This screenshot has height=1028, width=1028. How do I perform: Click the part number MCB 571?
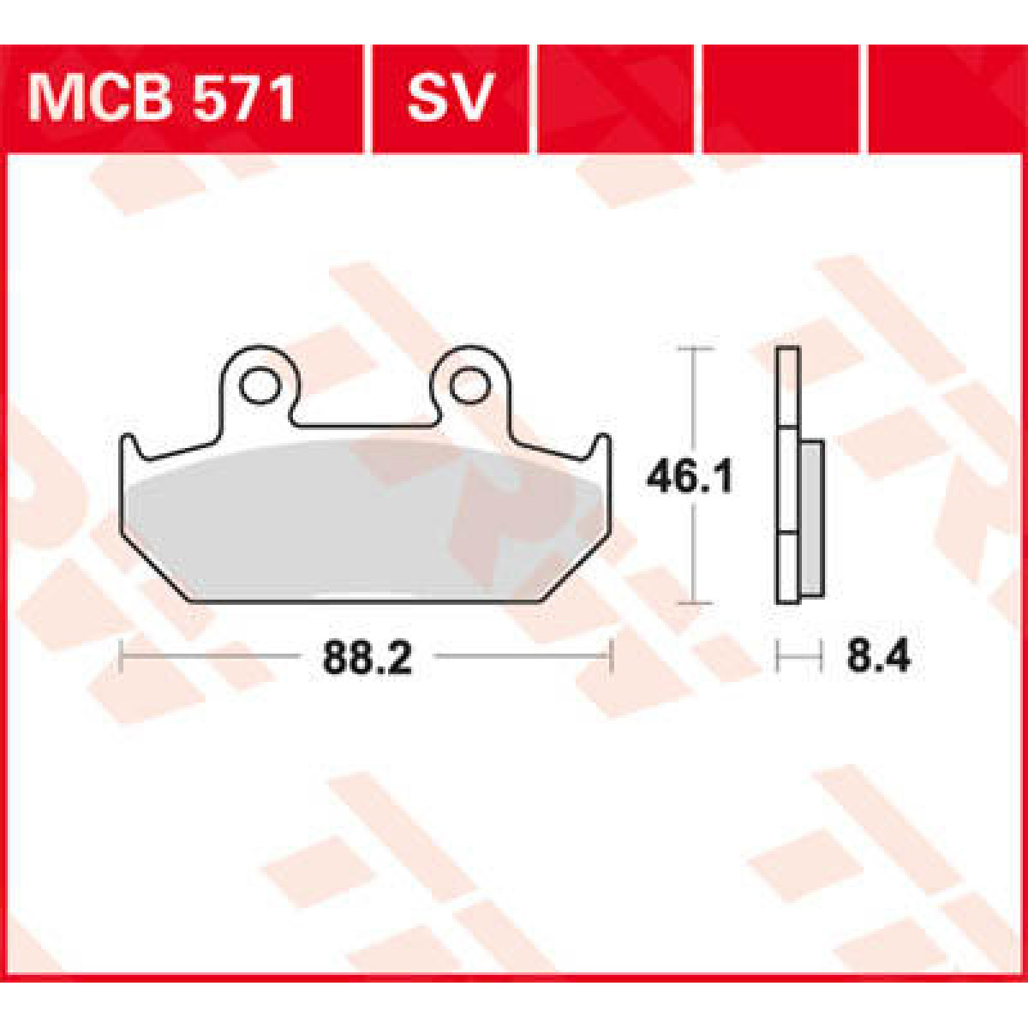click(163, 99)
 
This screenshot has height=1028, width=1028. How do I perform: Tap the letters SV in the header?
click(450, 99)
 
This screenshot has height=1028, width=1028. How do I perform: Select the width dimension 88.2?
click(368, 659)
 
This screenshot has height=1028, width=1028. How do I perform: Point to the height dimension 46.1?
click(689, 477)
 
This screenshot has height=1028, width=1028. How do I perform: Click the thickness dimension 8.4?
click(877, 659)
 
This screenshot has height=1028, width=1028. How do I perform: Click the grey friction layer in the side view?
click(811, 518)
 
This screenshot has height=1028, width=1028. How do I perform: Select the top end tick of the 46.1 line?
click(693, 350)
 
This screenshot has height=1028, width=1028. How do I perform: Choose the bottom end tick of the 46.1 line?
click(693, 603)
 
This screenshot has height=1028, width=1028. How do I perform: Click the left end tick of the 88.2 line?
click(124, 658)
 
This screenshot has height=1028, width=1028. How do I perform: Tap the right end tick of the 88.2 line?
click(611, 658)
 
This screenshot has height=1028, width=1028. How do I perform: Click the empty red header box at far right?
click(947, 99)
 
